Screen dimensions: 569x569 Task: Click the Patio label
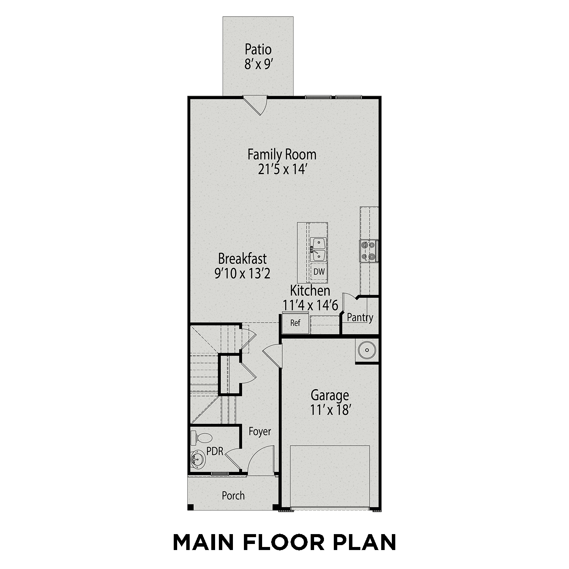258,49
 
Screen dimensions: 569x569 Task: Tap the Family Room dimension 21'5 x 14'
282,170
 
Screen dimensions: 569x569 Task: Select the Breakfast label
242,259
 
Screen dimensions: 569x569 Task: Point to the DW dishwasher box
319,272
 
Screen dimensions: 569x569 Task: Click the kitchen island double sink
318,250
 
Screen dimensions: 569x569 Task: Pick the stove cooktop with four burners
368,251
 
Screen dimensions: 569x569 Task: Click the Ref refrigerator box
295,323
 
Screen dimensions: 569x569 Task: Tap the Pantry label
360,317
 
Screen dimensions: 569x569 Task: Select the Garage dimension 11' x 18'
330,410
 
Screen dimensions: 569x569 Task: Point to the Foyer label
260,431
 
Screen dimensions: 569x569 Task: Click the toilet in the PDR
201,438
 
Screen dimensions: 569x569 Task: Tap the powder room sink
197,460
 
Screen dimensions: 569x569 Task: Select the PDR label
215,451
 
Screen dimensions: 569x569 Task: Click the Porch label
233,495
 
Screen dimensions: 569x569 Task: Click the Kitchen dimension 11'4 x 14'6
310,305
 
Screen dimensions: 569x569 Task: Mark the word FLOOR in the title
284,542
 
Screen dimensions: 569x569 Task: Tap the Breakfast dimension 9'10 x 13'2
242,273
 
